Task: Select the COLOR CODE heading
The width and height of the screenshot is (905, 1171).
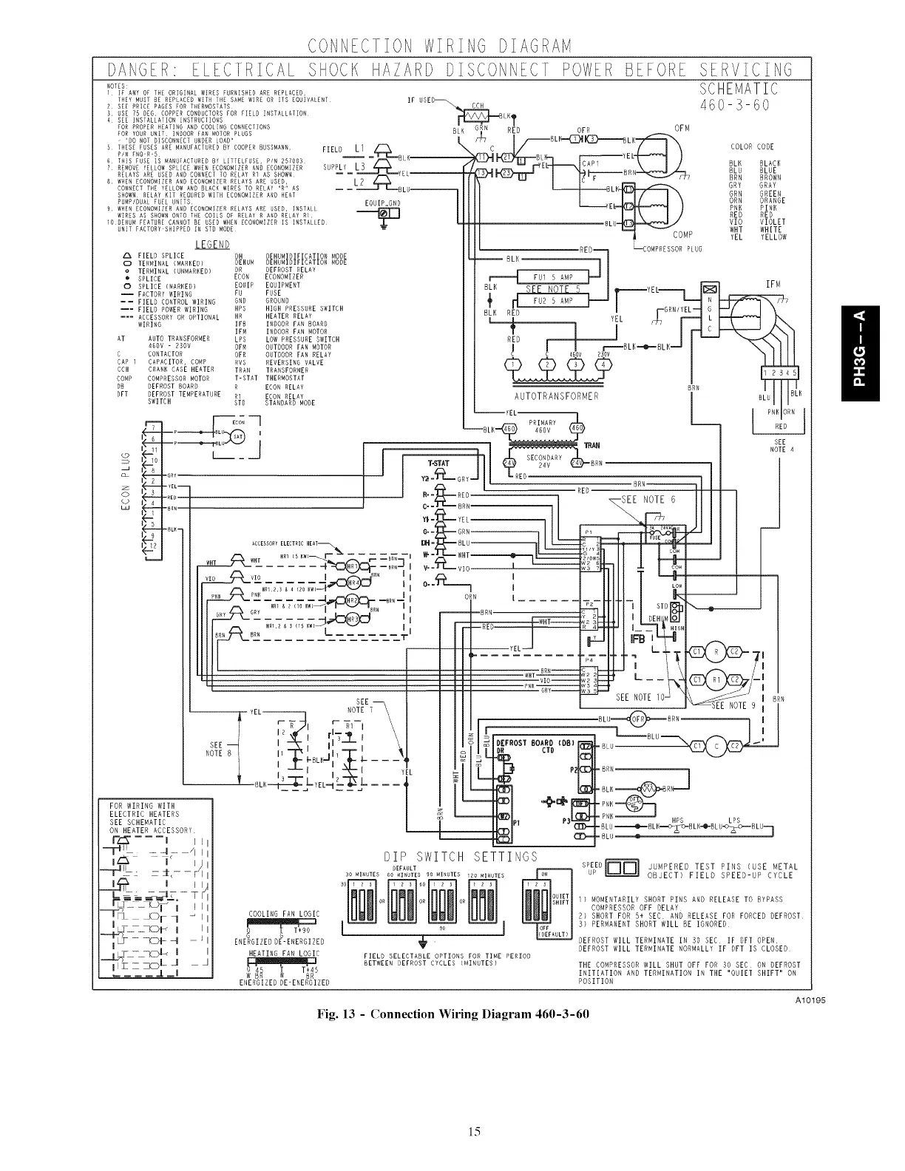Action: point(751,146)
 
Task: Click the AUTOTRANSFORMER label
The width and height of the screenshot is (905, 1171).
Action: point(560,396)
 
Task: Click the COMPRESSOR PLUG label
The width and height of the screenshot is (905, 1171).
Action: point(670,248)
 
